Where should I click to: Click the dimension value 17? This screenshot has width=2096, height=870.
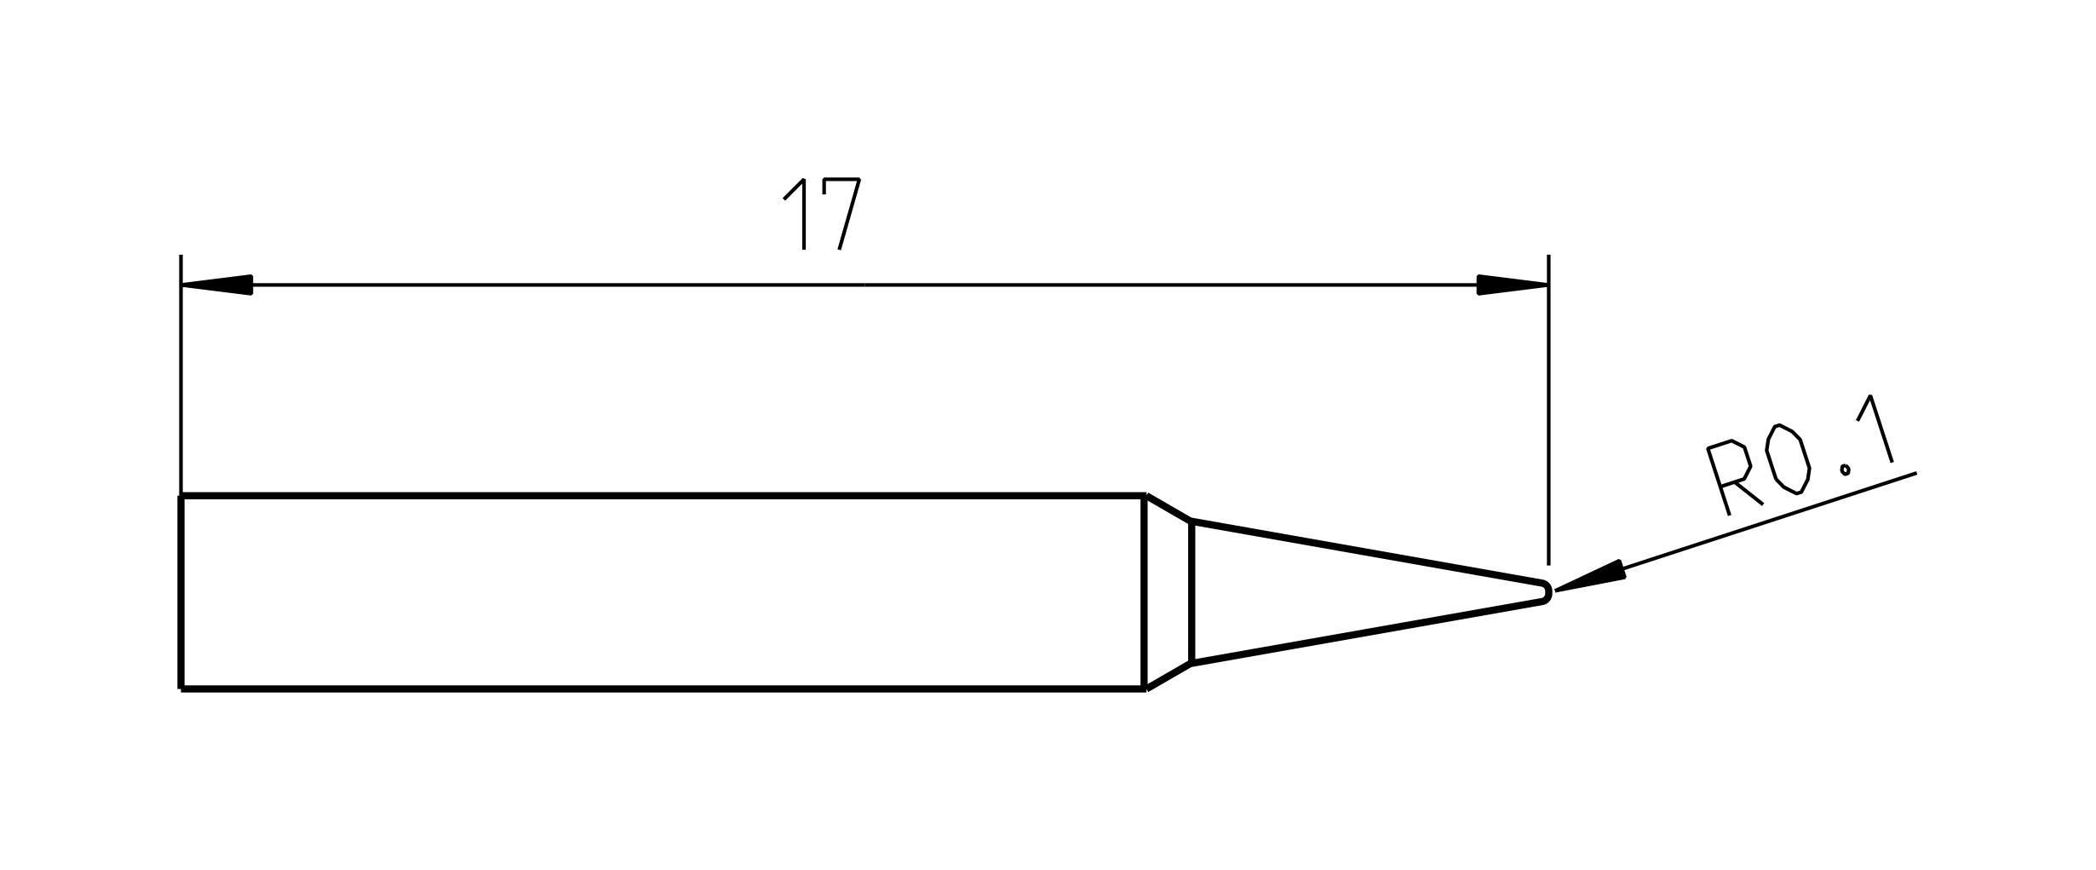pos(823,214)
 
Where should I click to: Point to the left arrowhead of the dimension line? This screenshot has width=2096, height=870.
pos(217,285)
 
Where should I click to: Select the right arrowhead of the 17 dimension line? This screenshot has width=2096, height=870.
pos(1512,285)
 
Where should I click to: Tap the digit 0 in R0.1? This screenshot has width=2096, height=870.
pos(1788,458)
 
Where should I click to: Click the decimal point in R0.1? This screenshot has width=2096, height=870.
pos(1845,469)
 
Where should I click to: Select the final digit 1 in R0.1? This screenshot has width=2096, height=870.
pos(1875,429)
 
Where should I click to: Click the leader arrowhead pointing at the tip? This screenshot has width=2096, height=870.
pos(1589,576)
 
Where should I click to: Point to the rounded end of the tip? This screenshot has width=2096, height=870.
pos(1546,591)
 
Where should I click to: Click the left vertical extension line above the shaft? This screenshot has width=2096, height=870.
pos(181,375)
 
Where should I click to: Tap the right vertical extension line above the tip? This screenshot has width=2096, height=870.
pos(1548,410)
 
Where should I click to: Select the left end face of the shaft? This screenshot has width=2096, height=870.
pos(181,591)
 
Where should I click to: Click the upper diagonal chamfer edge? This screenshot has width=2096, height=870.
pos(1169,507)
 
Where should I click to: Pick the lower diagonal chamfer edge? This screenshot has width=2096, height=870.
pos(1169,676)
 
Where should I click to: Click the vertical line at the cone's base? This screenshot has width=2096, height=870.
pos(1192,591)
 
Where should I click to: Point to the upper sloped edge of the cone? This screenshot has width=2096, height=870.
pos(1368,550)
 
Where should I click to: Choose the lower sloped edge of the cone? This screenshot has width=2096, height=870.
pos(1368,632)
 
